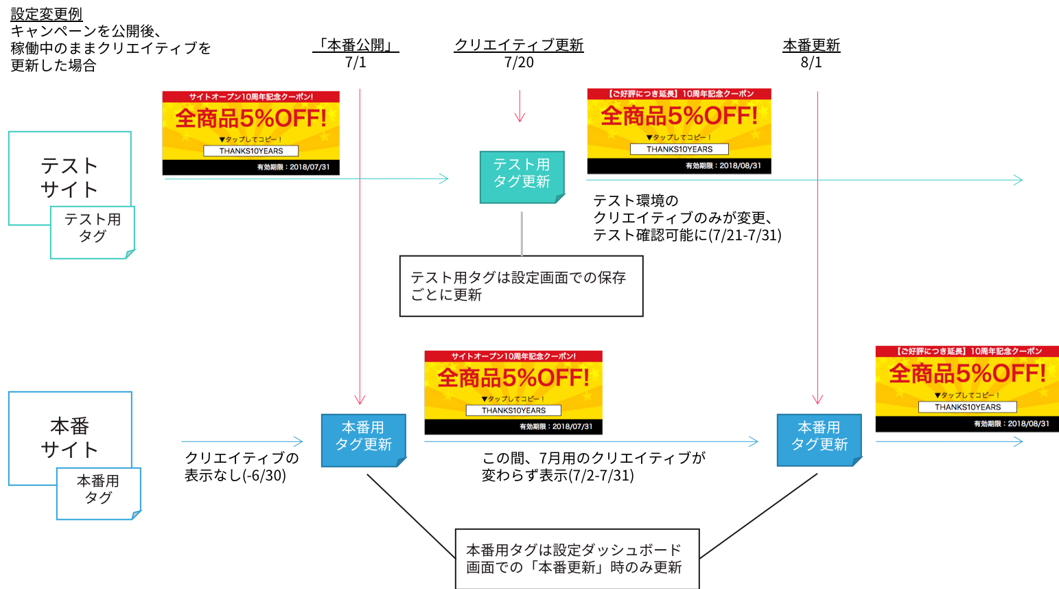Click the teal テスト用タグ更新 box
522,176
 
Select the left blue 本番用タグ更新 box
363,439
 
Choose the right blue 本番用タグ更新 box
819,439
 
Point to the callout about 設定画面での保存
520,286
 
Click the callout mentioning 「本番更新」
577,558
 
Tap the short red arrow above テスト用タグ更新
520,107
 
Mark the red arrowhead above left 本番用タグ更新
360,400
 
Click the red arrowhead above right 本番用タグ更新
817,400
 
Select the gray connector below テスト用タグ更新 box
522,233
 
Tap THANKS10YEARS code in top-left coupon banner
251,151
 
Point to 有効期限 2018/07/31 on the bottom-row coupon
556,426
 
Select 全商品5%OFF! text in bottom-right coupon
966,374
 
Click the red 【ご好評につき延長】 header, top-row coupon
679,93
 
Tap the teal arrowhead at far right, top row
1019,180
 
